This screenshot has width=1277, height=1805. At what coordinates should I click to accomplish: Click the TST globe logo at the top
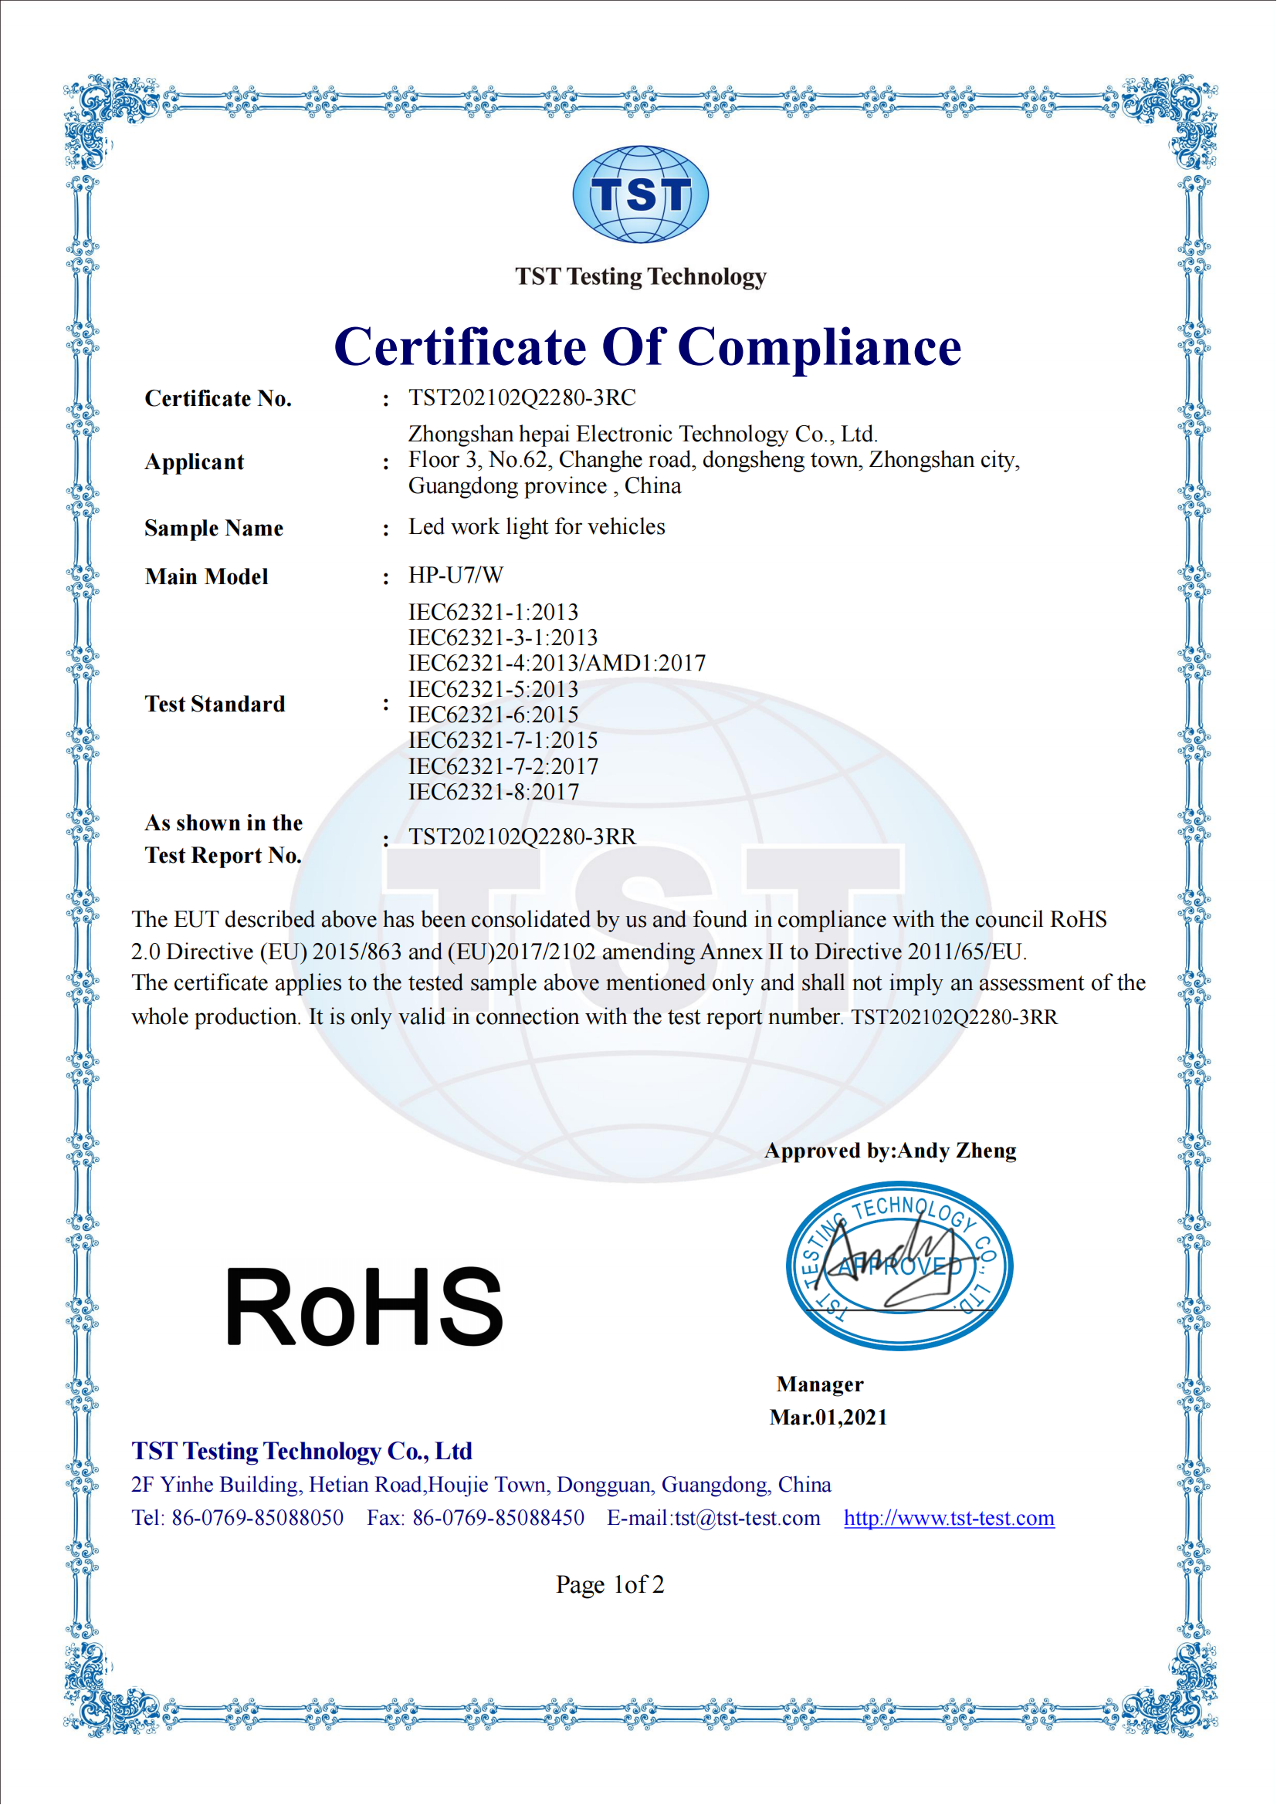pyautogui.click(x=640, y=194)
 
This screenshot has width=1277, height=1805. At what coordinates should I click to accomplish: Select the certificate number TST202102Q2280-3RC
pyautogui.click(x=521, y=397)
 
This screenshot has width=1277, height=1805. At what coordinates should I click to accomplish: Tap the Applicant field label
pyautogui.click(x=195, y=461)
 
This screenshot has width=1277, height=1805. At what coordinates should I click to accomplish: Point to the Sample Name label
pyautogui.click(x=213, y=528)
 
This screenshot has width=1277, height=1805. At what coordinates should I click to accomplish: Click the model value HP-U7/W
pyautogui.click(x=456, y=575)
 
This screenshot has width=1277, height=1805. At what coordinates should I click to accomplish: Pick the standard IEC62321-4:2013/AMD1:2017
pyautogui.click(x=557, y=663)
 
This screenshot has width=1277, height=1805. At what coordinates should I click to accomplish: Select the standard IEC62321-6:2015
pyautogui.click(x=493, y=715)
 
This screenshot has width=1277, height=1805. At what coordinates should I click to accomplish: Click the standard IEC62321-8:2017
pyautogui.click(x=493, y=792)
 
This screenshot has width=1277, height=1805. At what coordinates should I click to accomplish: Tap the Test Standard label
pyautogui.click(x=215, y=704)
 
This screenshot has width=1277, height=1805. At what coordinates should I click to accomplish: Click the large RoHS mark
pyautogui.click(x=364, y=1306)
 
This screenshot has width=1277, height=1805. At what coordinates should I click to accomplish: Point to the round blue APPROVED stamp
pyautogui.click(x=899, y=1265)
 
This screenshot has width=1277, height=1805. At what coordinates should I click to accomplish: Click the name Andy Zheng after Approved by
pyautogui.click(x=957, y=1151)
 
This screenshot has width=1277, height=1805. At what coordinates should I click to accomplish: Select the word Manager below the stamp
pyautogui.click(x=819, y=1384)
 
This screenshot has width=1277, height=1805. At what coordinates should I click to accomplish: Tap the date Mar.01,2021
pyautogui.click(x=828, y=1417)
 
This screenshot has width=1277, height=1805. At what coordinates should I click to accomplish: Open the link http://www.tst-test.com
pyautogui.click(x=948, y=1517)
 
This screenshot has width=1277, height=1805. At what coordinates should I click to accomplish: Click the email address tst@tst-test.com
pyautogui.click(x=747, y=1517)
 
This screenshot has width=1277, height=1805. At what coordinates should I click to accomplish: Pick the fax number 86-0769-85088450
pyautogui.click(x=499, y=1517)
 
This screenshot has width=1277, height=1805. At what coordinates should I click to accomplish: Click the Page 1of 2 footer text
pyautogui.click(x=609, y=1584)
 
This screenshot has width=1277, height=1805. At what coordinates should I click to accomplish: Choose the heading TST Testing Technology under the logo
pyautogui.click(x=640, y=277)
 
